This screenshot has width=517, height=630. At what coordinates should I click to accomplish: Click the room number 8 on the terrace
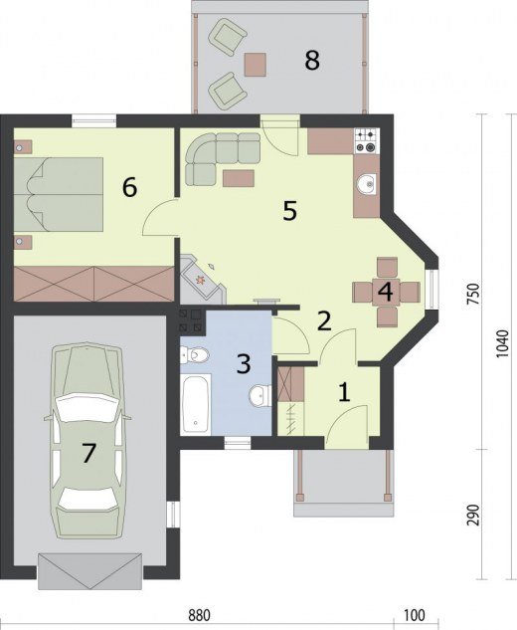coord(312,61)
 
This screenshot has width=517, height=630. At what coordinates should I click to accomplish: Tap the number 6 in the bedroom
coord(129,188)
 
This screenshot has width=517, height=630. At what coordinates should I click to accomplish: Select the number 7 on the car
coord(88,453)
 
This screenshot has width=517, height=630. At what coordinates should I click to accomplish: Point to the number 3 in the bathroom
coord(244,363)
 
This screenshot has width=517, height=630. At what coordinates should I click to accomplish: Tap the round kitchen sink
coord(367,184)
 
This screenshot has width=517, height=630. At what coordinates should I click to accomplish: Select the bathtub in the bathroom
coord(196,404)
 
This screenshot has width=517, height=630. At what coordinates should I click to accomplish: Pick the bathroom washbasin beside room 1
coord(260,396)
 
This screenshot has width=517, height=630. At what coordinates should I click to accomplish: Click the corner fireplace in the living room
coord(201,280)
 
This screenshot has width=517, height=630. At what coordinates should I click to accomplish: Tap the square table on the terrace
coord(255,65)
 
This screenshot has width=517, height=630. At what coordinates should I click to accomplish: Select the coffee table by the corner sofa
coord(239,178)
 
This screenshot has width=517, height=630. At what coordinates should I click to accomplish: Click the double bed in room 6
coord(59,194)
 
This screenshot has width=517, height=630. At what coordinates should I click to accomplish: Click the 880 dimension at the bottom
coord(200,615)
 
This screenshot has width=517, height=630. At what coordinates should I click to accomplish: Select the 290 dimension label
coord(474,515)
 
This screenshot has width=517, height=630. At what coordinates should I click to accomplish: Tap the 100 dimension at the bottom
coord(415,615)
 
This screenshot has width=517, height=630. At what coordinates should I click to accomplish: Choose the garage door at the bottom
coord(89,571)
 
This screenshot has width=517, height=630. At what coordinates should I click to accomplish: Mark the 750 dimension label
coord(474,295)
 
